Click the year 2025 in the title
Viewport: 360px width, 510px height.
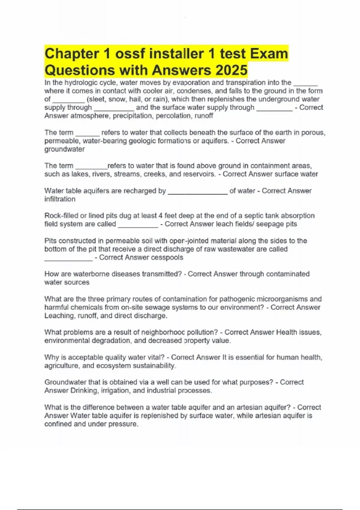231,70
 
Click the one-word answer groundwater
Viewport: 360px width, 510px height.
64,149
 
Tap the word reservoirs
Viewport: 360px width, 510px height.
199,174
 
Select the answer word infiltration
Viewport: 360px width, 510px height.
60,199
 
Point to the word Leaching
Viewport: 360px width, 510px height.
59,316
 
